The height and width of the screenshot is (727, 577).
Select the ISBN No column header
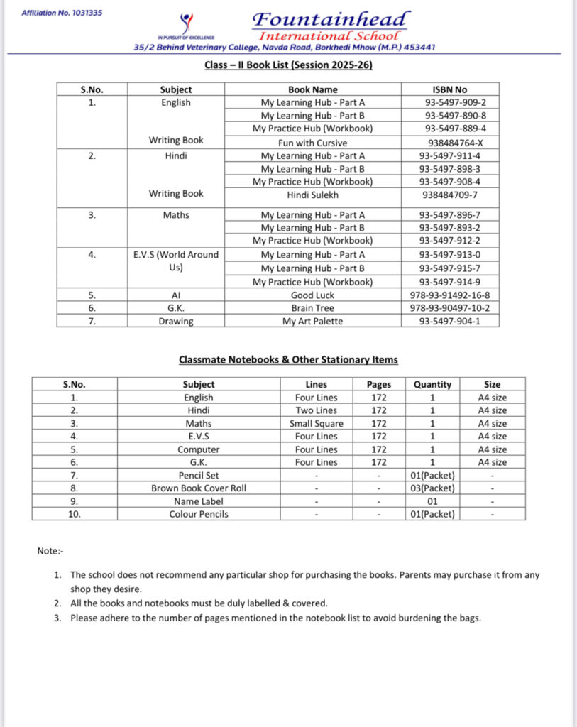pyautogui.click(x=450, y=89)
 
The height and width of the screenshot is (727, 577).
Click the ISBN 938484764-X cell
pyautogui.click(x=450, y=142)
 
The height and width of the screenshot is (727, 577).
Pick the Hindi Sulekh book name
pyautogui.click(x=312, y=195)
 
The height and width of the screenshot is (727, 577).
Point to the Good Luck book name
pyautogui.click(x=312, y=295)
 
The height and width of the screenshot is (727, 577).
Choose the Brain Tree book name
pyautogui.click(x=312, y=308)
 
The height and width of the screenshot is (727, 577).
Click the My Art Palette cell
pyautogui.click(x=312, y=321)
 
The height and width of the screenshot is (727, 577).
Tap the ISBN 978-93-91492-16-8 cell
pyautogui.click(x=450, y=295)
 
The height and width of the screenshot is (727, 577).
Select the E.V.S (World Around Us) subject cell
pyautogui.click(x=176, y=261)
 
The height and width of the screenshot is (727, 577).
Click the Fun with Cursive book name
pyautogui.click(x=312, y=142)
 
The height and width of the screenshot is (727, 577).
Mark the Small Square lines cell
pyautogui.click(x=317, y=424)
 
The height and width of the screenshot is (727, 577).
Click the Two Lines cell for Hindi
pyautogui.click(x=317, y=410)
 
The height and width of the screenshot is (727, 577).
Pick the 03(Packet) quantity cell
pyautogui.click(x=432, y=488)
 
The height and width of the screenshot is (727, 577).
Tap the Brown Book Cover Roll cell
pyautogui.click(x=199, y=488)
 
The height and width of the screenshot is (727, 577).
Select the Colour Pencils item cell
pyautogui.click(x=199, y=514)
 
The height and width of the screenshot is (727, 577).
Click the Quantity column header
pyautogui.click(x=432, y=384)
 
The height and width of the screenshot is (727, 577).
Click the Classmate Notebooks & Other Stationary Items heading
pyautogui.click(x=288, y=360)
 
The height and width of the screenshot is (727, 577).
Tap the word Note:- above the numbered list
pyautogui.click(x=50, y=551)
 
